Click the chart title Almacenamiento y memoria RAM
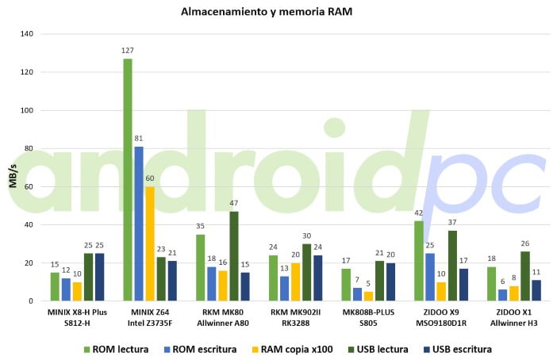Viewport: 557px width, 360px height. point(278,12)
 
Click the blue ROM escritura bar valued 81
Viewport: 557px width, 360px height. point(139,224)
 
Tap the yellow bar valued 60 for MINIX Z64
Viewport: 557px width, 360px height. point(150,243)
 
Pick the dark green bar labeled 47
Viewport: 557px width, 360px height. point(234,256)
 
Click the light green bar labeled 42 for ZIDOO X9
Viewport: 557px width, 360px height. point(419,261)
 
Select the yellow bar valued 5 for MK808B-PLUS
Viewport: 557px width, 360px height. point(367,296)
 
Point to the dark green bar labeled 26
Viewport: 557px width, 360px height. point(525,276)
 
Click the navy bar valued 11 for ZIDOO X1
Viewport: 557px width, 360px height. point(536,290)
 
